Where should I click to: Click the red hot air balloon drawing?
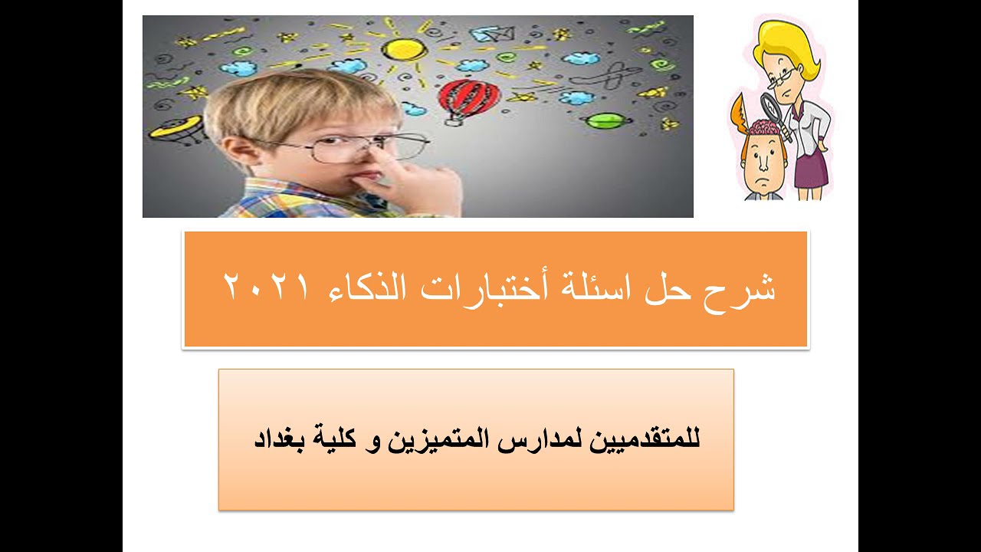468,97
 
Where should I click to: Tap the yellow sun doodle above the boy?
404,49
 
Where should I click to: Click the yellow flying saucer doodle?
174,127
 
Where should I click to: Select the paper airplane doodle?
486,34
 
